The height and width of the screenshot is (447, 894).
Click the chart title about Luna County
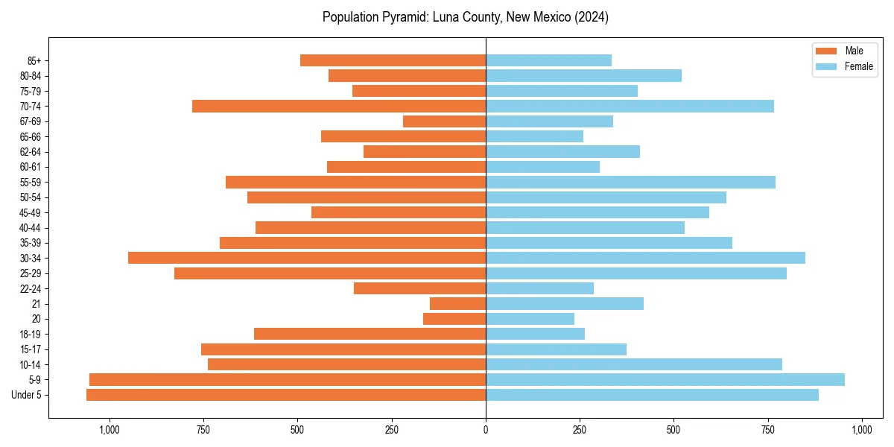(466, 17)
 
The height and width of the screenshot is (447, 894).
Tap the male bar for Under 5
(286, 395)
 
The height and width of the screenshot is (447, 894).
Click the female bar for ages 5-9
(665, 380)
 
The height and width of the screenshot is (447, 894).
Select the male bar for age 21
(457, 304)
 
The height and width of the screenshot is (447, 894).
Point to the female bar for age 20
(530, 319)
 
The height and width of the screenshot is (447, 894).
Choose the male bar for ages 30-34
(307, 258)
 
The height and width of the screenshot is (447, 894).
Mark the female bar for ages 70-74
(630, 106)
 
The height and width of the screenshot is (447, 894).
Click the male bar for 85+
(393, 60)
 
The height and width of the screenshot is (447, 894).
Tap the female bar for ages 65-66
(534, 136)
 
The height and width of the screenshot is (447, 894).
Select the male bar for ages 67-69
(444, 121)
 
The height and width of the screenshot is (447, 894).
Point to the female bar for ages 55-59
(630, 182)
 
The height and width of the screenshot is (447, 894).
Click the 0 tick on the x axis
(486, 430)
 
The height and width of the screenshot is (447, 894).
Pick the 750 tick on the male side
(203, 430)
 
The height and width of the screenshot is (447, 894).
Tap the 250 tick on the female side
(580, 430)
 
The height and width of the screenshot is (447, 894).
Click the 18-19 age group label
(31, 335)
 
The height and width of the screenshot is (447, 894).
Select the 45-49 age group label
(31, 212)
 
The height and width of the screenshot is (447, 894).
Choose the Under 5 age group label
(26, 395)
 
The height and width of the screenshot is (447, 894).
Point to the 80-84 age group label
(31, 76)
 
